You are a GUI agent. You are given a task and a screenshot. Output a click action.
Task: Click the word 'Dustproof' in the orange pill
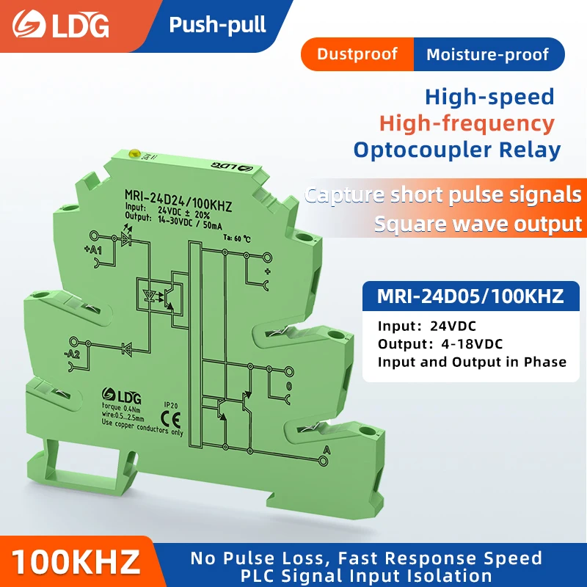click(x=357, y=54)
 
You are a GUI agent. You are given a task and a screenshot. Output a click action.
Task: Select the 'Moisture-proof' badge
click(x=487, y=54)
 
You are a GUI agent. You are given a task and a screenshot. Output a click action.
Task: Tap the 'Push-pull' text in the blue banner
click(x=217, y=25)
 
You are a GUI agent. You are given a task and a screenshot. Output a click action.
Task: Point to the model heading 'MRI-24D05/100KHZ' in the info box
click(x=470, y=296)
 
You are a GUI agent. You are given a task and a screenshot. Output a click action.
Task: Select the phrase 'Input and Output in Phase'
click(x=472, y=362)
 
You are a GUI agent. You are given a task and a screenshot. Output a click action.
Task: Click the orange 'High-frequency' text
click(x=467, y=123)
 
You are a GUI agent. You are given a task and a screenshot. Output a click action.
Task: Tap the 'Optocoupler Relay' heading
click(x=456, y=150)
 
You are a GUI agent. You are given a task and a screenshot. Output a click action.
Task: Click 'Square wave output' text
click(x=478, y=223)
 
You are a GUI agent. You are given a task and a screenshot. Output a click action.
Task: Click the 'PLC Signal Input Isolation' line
click(x=366, y=576)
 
